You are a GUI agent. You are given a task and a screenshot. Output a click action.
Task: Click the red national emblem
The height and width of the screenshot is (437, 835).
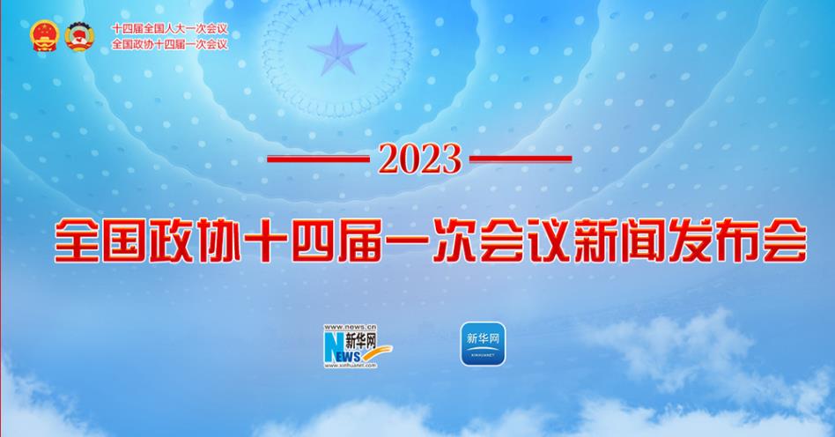pyautogui.click(x=44, y=36)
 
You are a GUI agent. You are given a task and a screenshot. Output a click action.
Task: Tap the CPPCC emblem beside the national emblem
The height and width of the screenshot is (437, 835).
pyautogui.click(x=79, y=36)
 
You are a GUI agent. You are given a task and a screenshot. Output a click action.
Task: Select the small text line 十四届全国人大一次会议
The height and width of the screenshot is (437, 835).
pyautogui.click(x=169, y=29)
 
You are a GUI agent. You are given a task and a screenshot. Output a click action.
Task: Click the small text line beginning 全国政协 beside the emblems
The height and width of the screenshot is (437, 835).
pyautogui.click(x=169, y=44)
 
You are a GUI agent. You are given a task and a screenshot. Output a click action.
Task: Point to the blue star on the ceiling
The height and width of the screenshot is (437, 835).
pyautogui.click(x=337, y=51)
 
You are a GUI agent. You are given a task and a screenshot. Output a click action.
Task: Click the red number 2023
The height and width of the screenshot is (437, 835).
pyautogui.click(x=419, y=159)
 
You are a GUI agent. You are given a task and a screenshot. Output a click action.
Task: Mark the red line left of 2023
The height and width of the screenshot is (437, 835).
pyautogui.click(x=319, y=159)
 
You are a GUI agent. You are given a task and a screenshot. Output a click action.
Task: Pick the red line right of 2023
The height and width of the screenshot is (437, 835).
pyautogui.click(x=521, y=159)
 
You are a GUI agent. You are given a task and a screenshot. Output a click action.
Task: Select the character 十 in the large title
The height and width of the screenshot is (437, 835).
pyautogui.click(x=264, y=241)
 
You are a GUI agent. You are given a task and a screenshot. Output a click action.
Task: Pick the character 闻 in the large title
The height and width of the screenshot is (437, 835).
pyautogui.click(x=643, y=241)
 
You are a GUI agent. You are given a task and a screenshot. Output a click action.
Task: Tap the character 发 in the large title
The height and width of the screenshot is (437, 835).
pyautogui.click(x=691, y=241)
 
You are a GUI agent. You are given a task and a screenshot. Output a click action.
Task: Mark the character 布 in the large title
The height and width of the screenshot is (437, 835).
pyautogui.click(x=738, y=241)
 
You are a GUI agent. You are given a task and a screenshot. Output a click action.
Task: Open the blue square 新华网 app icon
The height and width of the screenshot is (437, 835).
pyautogui.click(x=483, y=344)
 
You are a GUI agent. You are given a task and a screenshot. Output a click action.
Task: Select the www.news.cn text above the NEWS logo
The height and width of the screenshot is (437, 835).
pyautogui.click(x=350, y=327)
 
